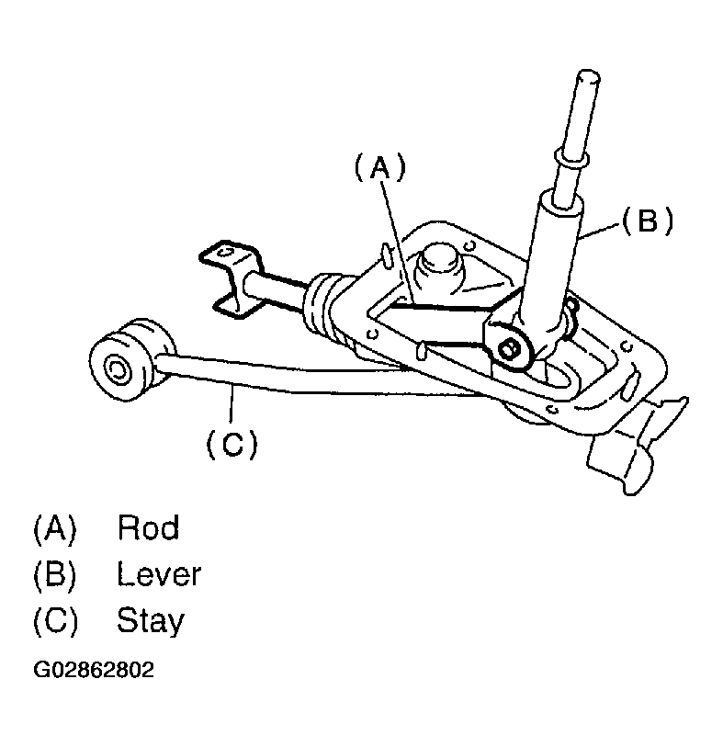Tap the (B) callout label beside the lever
648,221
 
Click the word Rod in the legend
148,528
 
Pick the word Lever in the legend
158,575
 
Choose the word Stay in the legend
150,622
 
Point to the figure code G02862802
93,670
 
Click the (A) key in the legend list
54,528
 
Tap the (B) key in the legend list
54,575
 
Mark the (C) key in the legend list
54,622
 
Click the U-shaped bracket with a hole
229,276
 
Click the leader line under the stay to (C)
235,409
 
